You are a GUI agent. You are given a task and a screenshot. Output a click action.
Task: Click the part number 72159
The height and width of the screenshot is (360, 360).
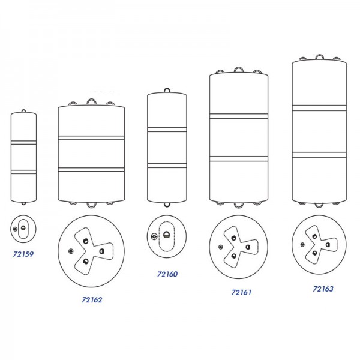23,254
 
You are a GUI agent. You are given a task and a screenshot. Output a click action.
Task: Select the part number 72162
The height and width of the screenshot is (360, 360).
92,300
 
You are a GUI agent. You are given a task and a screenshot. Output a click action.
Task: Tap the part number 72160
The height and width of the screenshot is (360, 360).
167,274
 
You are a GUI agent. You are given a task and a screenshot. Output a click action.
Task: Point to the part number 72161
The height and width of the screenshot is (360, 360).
241,293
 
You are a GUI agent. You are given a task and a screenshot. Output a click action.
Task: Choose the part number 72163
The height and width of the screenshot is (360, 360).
323,289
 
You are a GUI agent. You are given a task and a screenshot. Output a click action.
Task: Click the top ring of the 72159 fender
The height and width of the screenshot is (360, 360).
23,110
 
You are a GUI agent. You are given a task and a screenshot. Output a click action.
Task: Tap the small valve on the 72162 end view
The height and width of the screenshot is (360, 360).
71,251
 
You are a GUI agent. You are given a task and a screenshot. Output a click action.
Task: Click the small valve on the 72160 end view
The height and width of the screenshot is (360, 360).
154,236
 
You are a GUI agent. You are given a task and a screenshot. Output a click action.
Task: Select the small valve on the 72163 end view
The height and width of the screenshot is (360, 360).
302,245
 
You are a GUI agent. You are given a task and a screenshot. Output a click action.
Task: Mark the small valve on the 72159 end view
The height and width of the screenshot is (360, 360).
15,229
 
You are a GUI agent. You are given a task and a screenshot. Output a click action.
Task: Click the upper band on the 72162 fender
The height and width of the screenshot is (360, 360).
91,138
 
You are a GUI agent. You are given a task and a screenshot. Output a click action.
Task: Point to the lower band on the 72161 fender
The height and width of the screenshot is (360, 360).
239,158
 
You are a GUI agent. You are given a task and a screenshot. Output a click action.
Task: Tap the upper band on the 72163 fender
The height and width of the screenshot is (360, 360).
319,108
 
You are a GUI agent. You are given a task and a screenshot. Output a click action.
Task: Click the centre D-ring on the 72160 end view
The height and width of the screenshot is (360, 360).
166,235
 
